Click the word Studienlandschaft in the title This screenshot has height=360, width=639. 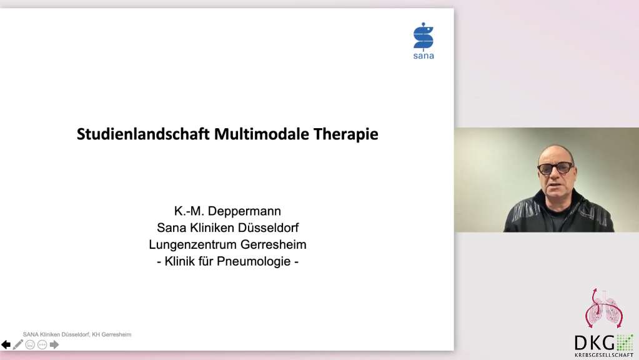pyautogui.click(x=143, y=134)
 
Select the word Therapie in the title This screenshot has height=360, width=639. pyautogui.click(x=346, y=134)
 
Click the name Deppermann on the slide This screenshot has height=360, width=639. pyautogui.click(x=244, y=211)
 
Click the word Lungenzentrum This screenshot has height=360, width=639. pyautogui.click(x=193, y=244)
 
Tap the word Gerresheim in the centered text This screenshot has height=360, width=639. pyautogui.click(x=274, y=244)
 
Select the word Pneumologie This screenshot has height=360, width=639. pyautogui.click(x=254, y=261)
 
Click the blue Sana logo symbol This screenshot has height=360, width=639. pyautogui.click(x=424, y=36)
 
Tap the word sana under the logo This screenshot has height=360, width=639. pyautogui.click(x=424, y=56)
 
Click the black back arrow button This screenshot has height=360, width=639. pyautogui.click(x=6, y=345)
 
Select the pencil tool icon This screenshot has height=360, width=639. pyautogui.click(x=18, y=345)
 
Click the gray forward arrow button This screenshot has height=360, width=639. pyautogui.click(x=54, y=345)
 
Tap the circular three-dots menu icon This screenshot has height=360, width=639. pyautogui.click(x=42, y=345)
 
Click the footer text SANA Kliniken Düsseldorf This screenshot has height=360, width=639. pyautogui.click(x=56, y=334)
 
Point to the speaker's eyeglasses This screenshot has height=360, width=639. pyautogui.click(x=556, y=167)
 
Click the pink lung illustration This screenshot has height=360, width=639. pyautogui.click(x=604, y=308)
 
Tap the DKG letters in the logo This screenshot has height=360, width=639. pyautogui.click(x=595, y=343)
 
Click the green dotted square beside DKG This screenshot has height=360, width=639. pyautogui.click(x=625, y=342)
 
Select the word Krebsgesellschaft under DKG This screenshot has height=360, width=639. pyautogui.click(x=604, y=355)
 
